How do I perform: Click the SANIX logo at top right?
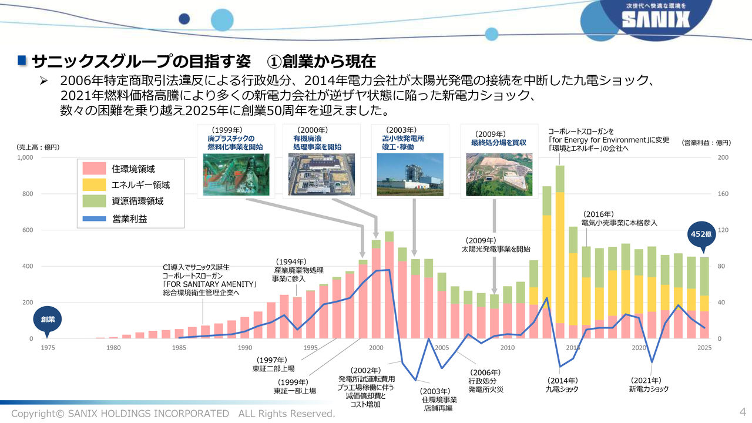(x=656, y=19)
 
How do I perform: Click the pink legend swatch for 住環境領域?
(x=95, y=168)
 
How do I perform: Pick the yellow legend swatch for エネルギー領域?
(x=95, y=184)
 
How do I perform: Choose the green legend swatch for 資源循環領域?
(x=95, y=201)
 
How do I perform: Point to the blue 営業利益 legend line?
(x=95, y=219)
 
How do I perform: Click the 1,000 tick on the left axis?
(x=25, y=157)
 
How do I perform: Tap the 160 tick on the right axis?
(x=723, y=194)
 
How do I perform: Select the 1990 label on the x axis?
(x=245, y=348)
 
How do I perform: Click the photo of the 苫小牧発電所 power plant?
(x=410, y=174)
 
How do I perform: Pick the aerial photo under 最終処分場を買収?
(x=499, y=174)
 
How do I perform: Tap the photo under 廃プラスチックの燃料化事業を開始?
(x=236, y=174)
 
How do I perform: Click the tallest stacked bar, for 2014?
(x=560, y=252)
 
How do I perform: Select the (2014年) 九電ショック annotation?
(x=562, y=385)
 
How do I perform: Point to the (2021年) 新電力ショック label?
(x=649, y=385)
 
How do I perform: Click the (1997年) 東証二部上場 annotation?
(x=273, y=364)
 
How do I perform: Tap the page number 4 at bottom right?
(x=742, y=412)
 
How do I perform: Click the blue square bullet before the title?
(x=22, y=61)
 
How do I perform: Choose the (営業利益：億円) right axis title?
(x=706, y=143)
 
